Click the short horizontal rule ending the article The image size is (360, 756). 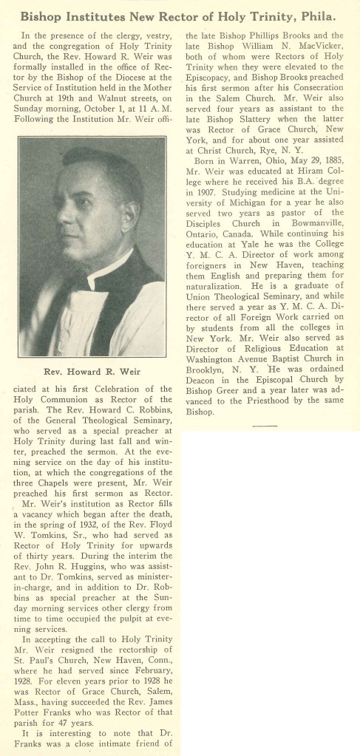tap(264, 426)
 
